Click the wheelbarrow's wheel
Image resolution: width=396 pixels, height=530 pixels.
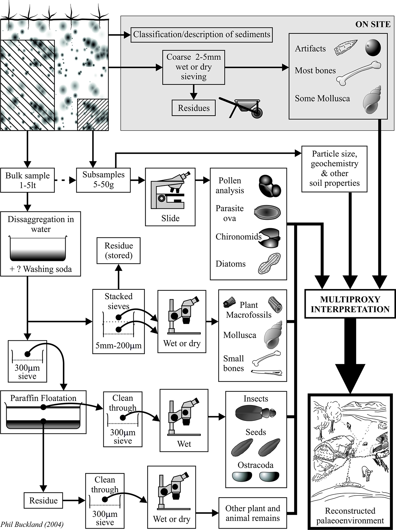[x=257, y=114]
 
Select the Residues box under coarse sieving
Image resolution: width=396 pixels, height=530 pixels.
[x=194, y=108]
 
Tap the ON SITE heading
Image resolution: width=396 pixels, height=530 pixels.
[x=372, y=24]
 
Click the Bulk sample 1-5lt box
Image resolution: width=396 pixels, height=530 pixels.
[x=28, y=180]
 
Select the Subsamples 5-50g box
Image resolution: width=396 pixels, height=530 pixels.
[x=103, y=180]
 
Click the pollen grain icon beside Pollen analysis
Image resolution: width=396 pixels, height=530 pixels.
[x=269, y=186]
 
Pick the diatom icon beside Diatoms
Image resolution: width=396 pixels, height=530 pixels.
[x=269, y=263]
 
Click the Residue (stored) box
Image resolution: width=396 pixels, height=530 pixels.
[x=118, y=250]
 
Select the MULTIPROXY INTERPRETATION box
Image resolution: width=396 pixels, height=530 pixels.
[x=350, y=304]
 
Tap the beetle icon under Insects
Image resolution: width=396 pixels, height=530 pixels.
[x=255, y=412]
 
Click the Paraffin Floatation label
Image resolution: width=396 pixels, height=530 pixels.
[x=43, y=398]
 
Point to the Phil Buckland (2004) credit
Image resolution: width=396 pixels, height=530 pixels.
[x=32, y=524]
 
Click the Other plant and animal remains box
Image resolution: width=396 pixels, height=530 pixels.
[x=252, y=513]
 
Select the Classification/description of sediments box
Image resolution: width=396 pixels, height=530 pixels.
[x=202, y=34]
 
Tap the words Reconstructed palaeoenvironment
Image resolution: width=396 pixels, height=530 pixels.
[x=350, y=515]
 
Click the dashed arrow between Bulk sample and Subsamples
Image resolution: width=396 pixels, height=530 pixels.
[x=65, y=180]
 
